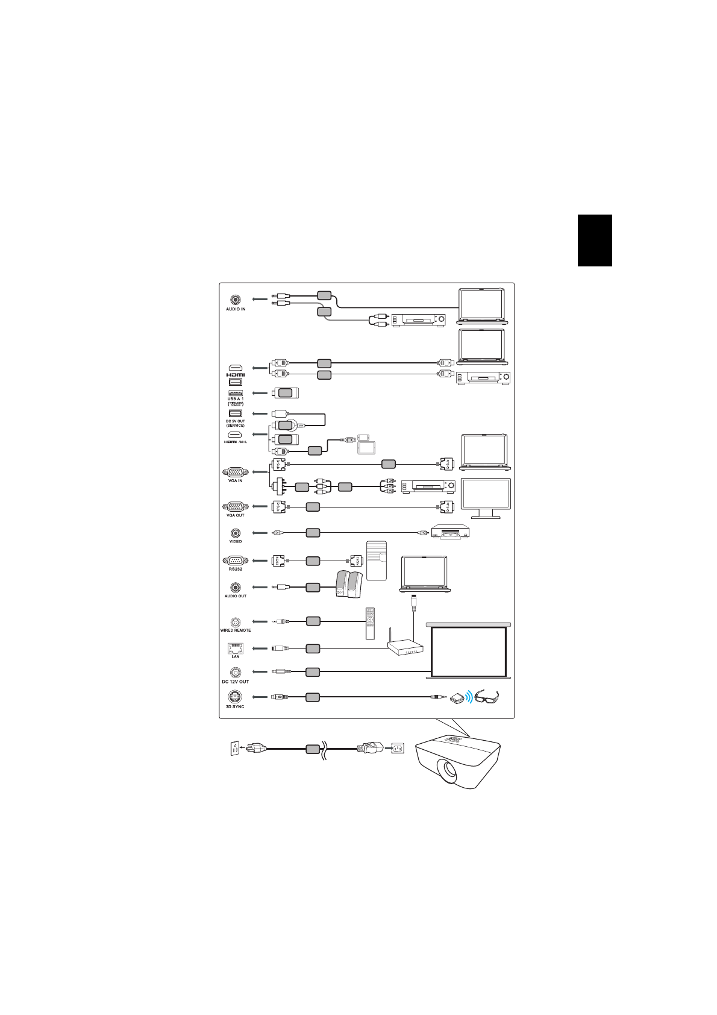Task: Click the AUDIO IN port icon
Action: (236, 300)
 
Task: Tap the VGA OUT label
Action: (236, 515)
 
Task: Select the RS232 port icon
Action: (235, 560)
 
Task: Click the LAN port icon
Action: (235, 648)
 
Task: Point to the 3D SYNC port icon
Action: (235, 697)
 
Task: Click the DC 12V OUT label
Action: (235, 682)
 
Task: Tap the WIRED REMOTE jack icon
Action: (236, 621)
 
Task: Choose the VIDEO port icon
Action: (236, 533)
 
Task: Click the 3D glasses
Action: (487, 697)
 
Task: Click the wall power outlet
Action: (234, 749)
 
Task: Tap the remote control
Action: (371, 623)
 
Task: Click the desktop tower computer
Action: (377, 560)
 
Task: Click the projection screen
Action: (469, 651)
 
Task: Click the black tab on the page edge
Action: (595, 240)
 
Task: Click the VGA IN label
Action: (236, 480)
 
